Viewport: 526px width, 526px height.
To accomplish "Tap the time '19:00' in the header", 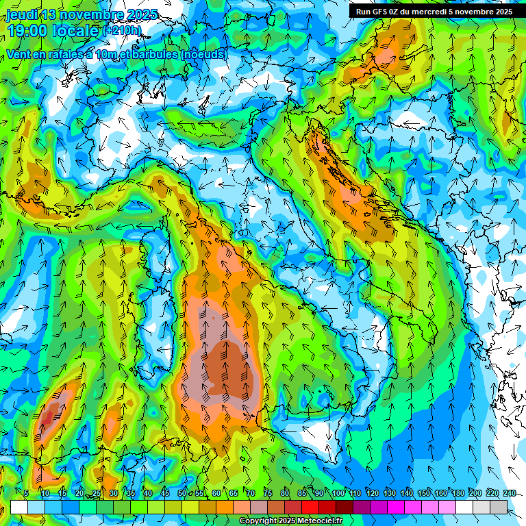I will point(28,31).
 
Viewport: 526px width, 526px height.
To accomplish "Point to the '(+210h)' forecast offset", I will point(121,31).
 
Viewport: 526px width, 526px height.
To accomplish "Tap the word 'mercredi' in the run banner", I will point(444,12).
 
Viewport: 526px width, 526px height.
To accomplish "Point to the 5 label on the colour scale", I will point(26,494).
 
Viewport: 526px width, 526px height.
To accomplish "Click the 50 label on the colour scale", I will point(182,494).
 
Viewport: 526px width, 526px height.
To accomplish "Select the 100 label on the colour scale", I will point(338,494).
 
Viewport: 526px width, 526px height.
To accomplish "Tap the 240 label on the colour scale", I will point(510,494).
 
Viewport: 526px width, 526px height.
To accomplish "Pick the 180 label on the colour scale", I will point(458,494).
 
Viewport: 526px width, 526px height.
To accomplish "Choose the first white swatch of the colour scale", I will point(19,507).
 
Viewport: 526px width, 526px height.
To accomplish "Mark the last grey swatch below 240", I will point(499,507).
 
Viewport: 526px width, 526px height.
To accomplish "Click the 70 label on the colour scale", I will point(251,494).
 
